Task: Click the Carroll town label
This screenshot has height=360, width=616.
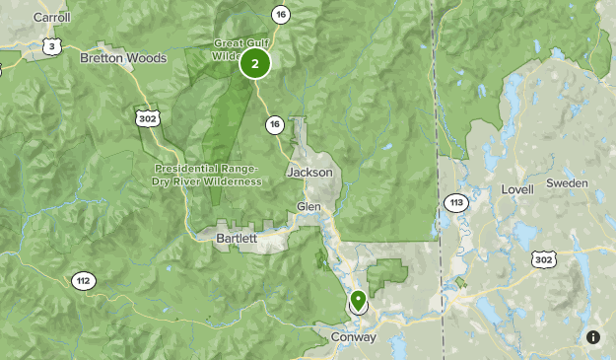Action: [x=51, y=18]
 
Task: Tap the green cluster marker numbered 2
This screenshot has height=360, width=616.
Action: [x=255, y=64]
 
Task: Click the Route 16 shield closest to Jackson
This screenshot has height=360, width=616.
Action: [x=274, y=124]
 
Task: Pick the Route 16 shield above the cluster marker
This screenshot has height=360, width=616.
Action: [x=282, y=14]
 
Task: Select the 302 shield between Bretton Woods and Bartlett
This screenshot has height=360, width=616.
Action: [x=146, y=116]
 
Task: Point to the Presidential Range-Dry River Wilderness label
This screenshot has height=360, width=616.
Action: [x=208, y=175]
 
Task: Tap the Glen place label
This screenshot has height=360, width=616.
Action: [x=308, y=206]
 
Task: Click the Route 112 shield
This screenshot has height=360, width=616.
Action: [x=83, y=281]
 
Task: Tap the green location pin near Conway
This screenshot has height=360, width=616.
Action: [x=358, y=299]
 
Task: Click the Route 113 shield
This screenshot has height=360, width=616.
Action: [x=454, y=203]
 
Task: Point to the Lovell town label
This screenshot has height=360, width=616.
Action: [x=516, y=188]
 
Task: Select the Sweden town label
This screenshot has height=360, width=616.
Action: [x=567, y=183]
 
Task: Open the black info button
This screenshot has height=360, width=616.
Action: [x=593, y=337]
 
